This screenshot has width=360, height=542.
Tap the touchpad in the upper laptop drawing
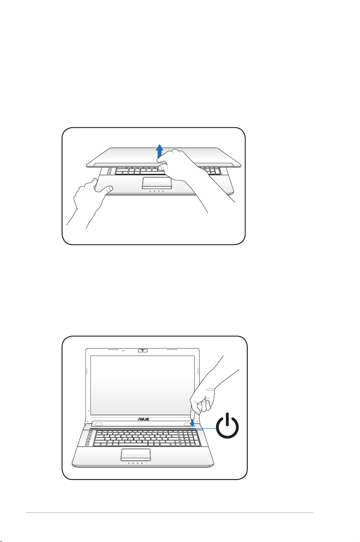click(x=157, y=183)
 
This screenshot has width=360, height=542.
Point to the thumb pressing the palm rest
click(x=106, y=189)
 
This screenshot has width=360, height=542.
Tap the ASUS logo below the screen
click(x=144, y=419)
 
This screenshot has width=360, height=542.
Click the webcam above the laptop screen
click(x=142, y=350)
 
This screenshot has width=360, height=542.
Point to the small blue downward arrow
click(x=192, y=422)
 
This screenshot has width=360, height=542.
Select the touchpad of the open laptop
click(x=135, y=455)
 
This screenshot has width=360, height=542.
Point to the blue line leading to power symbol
click(x=206, y=428)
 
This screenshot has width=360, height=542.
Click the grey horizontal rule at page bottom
click(x=169, y=513)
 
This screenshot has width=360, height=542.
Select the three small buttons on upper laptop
click(x=109, y=171)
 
